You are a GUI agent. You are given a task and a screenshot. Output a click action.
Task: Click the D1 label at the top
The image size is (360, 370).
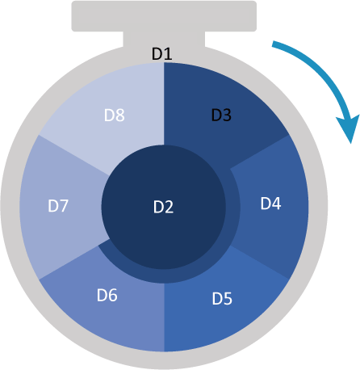pyautogui.click(x=162, y=53)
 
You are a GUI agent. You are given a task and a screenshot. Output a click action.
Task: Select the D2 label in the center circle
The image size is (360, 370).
pyautogui.click(x=163, y=207)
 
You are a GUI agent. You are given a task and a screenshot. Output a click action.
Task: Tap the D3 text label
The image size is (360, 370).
pyautogui.click(x=221, y=115)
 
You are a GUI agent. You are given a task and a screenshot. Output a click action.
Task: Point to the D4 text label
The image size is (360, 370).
pyautogui.click(x=270, y=204)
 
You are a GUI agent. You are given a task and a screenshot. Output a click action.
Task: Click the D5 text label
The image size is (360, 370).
pyautogui.click(x=222, y=299)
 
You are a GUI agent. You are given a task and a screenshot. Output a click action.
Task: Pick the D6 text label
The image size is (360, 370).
pyautogui.click(x=107, y=295)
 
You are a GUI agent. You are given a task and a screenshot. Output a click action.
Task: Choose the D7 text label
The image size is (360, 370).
pyautogui.click(x=58, y=206)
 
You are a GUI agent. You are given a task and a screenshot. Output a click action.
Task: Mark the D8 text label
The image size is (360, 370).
pyautogui.click(x=115, y=115)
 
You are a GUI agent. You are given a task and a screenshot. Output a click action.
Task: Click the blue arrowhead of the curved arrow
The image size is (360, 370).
pyautogui.click(x=349, y=127)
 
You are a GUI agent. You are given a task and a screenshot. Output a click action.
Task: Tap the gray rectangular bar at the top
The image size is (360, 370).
pyautogui.click(x=164, y=16)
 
